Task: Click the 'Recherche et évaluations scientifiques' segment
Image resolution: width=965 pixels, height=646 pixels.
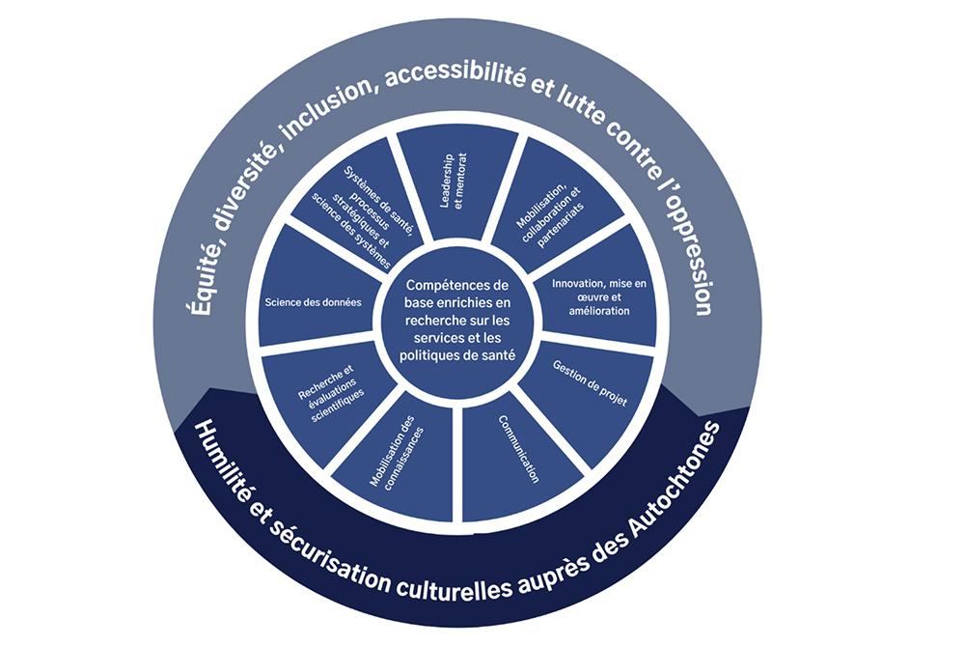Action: coord(326,394)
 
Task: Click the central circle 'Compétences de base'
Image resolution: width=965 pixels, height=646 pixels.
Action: coord(457,321)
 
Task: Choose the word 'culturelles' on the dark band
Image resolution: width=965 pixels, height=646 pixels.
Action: coord(453,587)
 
